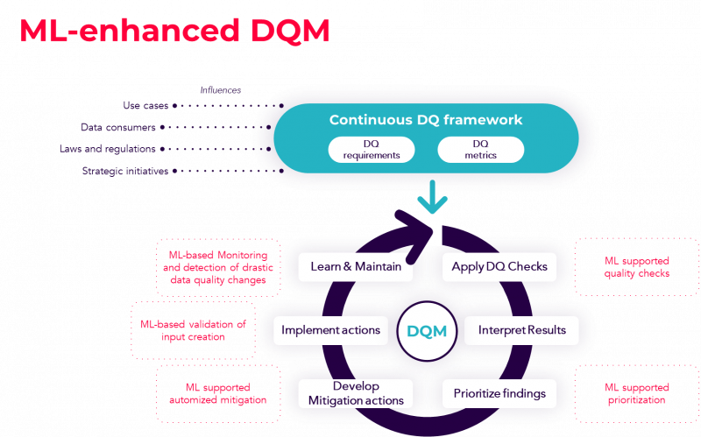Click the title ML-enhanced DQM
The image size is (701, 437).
[174, 31]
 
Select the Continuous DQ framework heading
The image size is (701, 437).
[426, 120]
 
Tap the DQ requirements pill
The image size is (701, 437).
[371, 150]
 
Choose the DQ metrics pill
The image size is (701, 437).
[480, 150]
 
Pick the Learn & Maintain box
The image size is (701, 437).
[355, 266]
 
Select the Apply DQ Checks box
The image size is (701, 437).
[499, 266]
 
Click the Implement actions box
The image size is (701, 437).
[330, 330]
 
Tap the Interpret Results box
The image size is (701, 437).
[522, 330]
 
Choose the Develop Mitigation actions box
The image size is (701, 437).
[356, 393]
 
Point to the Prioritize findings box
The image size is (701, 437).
[499, 393]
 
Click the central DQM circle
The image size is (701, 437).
[427, 331]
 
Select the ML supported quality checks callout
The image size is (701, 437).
[637, 267]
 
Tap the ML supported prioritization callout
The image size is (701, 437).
[637, 393]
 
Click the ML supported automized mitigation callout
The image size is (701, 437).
[218, 393]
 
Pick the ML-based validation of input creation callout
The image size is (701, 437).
[193, 330]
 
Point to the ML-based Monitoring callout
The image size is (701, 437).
[218, 267]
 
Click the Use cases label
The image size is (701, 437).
[145, 105]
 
